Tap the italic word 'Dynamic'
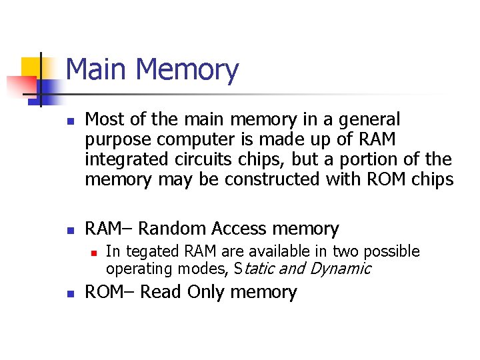(340, 269)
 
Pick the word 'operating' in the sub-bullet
(134, 269)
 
